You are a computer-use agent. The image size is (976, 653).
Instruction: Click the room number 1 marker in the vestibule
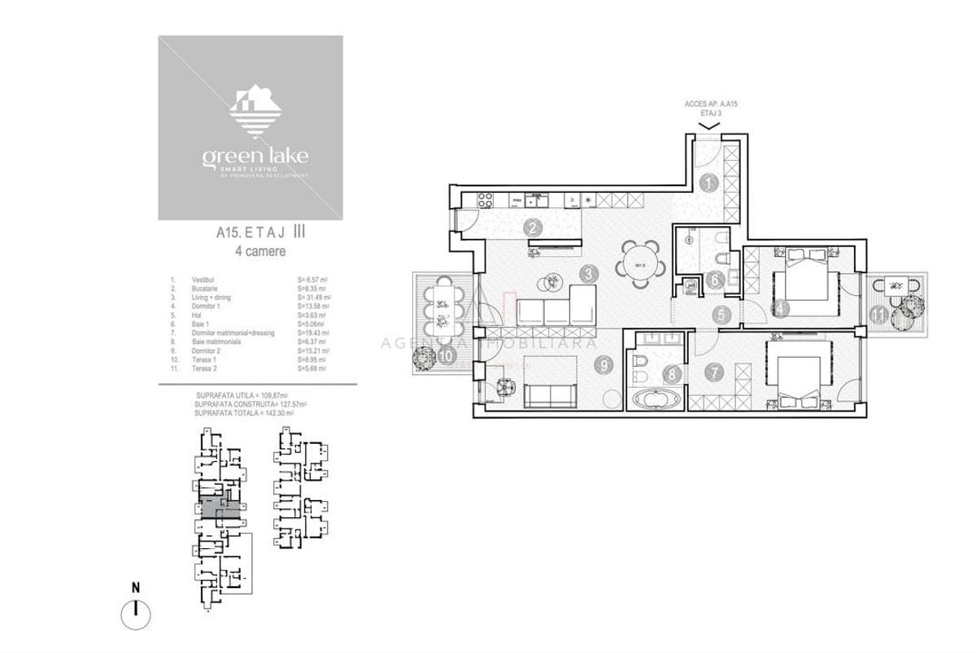point(708,183)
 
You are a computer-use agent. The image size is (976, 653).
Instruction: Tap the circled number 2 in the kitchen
point(534,229)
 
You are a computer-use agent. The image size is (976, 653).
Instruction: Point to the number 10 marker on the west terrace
point(445,355)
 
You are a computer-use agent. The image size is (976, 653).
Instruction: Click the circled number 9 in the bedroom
point(603,366)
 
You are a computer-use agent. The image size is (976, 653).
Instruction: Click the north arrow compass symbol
point(137,612)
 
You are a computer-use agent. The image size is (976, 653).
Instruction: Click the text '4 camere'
point(259,252)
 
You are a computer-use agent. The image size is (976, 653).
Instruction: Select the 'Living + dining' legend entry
point(211,298)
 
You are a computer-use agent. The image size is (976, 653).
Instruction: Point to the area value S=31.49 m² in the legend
point(313,298)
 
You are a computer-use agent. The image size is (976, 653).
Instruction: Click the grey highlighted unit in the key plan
point(220,509)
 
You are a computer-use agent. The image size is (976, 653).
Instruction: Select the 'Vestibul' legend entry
point(203,280)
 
